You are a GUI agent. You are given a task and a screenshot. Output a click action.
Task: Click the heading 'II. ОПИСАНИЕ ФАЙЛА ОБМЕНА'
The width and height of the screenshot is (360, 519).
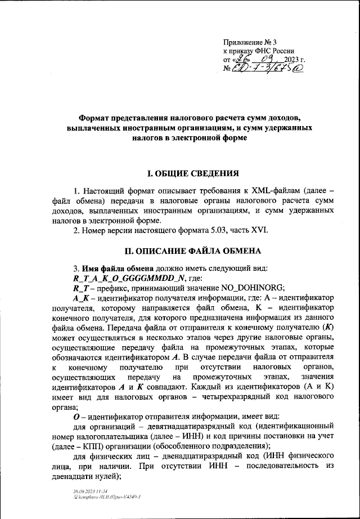pos(180,251)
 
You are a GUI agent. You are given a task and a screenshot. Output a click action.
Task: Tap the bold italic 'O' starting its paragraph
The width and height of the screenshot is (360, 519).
pos(76,417)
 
